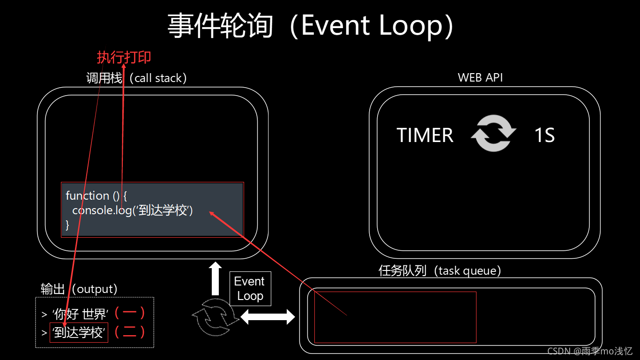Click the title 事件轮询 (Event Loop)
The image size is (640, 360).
(x=311, y=25)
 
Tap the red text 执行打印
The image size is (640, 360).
(x=124, y=57)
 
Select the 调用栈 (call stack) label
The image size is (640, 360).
(x=136, y=78)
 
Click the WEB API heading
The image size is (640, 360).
(x=480, y=77)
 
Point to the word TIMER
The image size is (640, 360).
(x=425, y=135)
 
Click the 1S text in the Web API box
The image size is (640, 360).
(x=544, y=135)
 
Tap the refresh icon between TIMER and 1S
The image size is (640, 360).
(x=493, y=134)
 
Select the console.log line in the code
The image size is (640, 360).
(x=133, y=210)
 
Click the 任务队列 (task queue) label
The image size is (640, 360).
(x=440, y=270)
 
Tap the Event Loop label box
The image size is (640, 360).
(x=250, y=289)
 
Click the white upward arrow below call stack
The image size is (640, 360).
(x=215, y=278)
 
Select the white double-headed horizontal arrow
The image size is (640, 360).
(x=268, y=317)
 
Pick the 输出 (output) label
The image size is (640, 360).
(x=79, y=289)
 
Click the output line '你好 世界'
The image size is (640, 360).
(x=80, y=314)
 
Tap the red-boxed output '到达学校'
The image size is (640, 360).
(x=79, y=332)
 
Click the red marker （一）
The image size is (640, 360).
(x=130, y=313)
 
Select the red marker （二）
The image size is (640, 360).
(x=130, y=332)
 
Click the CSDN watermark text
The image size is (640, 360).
(x=590, y=351)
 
